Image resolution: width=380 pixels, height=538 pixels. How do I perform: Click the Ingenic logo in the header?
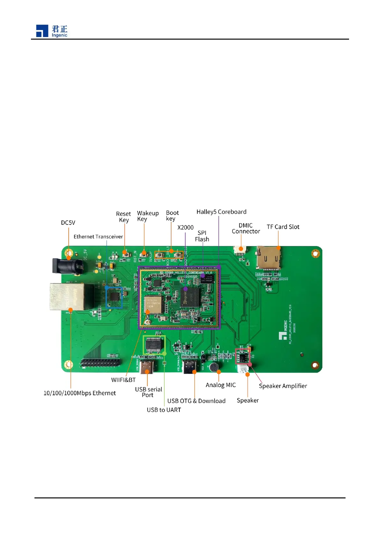(x=51, y=31)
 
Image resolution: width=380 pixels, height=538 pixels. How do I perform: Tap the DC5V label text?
(x=68, y=223)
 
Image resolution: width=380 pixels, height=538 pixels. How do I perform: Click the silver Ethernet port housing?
(x=67, y=297)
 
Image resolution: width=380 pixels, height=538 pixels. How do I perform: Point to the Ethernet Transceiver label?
(x=98, y=237)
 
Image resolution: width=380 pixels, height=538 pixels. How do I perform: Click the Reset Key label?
(x=123, y=217)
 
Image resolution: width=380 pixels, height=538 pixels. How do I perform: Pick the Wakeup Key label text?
(x=147, y=216)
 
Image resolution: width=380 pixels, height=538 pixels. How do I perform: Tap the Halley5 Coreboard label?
(x=221, y=212)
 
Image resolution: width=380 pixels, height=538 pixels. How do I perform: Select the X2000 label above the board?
(x=185, y=227)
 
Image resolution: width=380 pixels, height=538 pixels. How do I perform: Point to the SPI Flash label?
(x=202, y=236)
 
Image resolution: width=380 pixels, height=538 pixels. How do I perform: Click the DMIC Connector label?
(x=246, y=228)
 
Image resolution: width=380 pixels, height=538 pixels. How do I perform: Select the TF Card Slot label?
(x=283, y=227)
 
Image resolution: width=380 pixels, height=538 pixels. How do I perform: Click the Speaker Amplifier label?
(x=283, y=386)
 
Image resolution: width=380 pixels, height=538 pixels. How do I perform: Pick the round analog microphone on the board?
(x=214, y=367)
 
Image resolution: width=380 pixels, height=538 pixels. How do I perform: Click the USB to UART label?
(x=164, y=410)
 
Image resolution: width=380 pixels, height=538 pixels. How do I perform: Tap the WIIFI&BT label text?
(x=123, y=380)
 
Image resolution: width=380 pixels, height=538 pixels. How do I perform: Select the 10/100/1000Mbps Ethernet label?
(x=79, y=393)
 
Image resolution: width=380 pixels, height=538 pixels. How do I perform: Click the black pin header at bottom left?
(x=100, y=363)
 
